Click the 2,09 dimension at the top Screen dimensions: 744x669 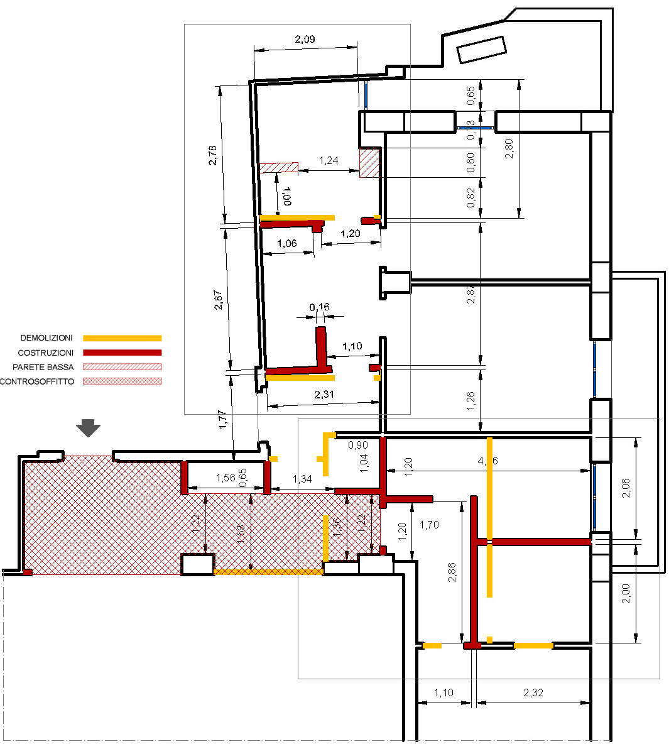tap(305, 39)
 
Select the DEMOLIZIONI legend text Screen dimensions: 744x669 tap(46, 338)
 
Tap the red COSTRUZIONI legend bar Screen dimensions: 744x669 tap(122, 353)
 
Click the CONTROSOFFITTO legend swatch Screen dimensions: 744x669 tap(122, 381)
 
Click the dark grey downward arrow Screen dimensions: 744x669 tap(88, 429)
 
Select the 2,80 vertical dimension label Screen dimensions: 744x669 tap(509, 148)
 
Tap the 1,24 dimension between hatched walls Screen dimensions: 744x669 tap(329, 161)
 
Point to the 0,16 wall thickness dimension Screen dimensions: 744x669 tap(319, 307)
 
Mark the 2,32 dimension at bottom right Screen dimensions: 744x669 tap(533, 692)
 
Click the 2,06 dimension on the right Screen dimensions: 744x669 tap(626, 487)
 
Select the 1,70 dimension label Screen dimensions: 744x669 tap(429, 524)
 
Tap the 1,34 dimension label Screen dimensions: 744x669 tap(302, 479)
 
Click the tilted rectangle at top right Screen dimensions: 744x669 tap(481, 50)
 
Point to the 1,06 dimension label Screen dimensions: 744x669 tap(286, 244)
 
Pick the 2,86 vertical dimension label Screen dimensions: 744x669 tap(452, 571)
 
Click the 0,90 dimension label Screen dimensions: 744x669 tap(358, 445)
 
